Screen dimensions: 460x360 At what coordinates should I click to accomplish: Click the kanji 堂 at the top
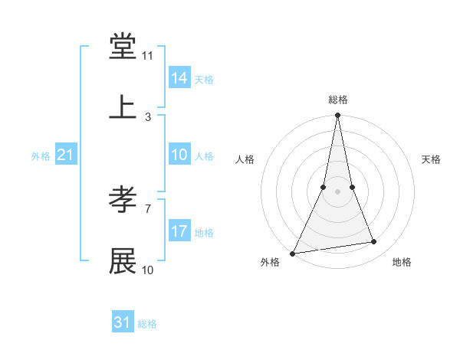point(123,47)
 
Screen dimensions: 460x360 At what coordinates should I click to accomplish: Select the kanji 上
point(123,108)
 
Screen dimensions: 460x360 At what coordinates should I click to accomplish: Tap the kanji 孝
point(123,200)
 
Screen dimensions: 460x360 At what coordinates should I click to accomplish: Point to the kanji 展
point(123,261)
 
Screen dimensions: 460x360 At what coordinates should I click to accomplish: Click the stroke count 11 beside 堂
point(148,56)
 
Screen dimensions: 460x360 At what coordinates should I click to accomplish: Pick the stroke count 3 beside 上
point(148,117)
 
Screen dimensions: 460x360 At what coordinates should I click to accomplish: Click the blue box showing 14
point(179,78)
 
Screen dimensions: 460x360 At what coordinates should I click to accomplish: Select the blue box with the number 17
point(179,231)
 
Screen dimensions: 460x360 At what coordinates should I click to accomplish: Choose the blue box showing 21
point(66,155)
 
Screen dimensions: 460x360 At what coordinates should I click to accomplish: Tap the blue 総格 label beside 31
point(147,324)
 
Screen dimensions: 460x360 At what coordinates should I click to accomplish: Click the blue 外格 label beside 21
point(41,156)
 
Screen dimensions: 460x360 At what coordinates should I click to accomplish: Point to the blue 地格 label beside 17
point(204,233)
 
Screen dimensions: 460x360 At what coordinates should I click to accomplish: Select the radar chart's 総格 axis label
point(338,100)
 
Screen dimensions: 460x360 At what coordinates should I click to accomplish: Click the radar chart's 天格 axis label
point(432,159)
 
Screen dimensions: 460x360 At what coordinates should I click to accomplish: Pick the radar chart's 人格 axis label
point(245,159)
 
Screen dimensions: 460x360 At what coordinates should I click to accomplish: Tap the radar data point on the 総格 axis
point(337,116)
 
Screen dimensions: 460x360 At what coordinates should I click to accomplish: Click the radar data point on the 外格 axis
point(292,254)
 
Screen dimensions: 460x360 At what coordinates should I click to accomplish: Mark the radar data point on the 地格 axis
point(374,242)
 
